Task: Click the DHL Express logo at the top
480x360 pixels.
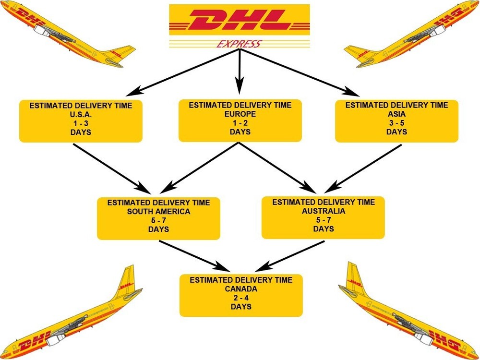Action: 240,22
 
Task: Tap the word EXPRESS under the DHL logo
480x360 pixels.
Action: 240,45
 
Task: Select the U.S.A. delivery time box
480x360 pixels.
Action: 81,120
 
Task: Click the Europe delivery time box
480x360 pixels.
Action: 240,120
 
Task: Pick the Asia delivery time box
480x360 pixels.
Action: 396,120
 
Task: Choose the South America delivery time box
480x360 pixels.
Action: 158,218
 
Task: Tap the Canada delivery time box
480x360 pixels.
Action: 241,295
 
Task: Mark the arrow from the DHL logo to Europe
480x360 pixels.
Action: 240,72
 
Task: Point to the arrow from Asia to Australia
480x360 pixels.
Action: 365,166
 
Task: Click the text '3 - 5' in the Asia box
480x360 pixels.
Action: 396,123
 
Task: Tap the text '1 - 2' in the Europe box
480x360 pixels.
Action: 240,123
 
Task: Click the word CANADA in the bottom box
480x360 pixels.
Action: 241,289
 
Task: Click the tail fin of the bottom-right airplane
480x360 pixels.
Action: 354,277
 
